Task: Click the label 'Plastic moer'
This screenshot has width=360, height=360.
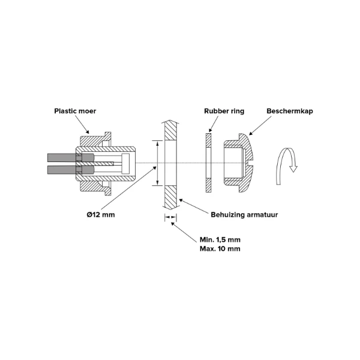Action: tap(75, 111)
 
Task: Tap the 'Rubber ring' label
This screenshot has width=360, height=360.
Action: tap(224, 111)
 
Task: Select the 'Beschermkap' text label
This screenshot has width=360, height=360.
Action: tap(290, 111)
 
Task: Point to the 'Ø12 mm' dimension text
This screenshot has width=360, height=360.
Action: tap(101, 215)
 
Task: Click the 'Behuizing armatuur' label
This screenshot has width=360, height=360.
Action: tap(244, 215)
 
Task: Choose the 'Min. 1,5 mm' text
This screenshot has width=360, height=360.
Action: tap(220, 239)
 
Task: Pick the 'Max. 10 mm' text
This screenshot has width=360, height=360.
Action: tap(220, 248)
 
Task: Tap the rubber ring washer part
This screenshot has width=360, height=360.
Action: tap(208, 163)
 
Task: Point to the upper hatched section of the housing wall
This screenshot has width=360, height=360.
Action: tap(170, 132)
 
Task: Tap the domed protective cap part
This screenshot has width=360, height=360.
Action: tap(239, 163)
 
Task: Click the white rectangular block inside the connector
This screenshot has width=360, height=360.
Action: tap(125, 163)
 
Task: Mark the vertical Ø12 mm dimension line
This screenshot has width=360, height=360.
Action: tap(157, 163)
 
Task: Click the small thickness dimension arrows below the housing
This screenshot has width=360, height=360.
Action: tap(170, 217)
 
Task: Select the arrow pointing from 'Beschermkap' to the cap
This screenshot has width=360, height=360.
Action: tap(260, 125)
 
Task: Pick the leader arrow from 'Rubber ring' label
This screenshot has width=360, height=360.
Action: tap(214, 124)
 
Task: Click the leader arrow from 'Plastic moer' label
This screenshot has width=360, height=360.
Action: tap(82, 124)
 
